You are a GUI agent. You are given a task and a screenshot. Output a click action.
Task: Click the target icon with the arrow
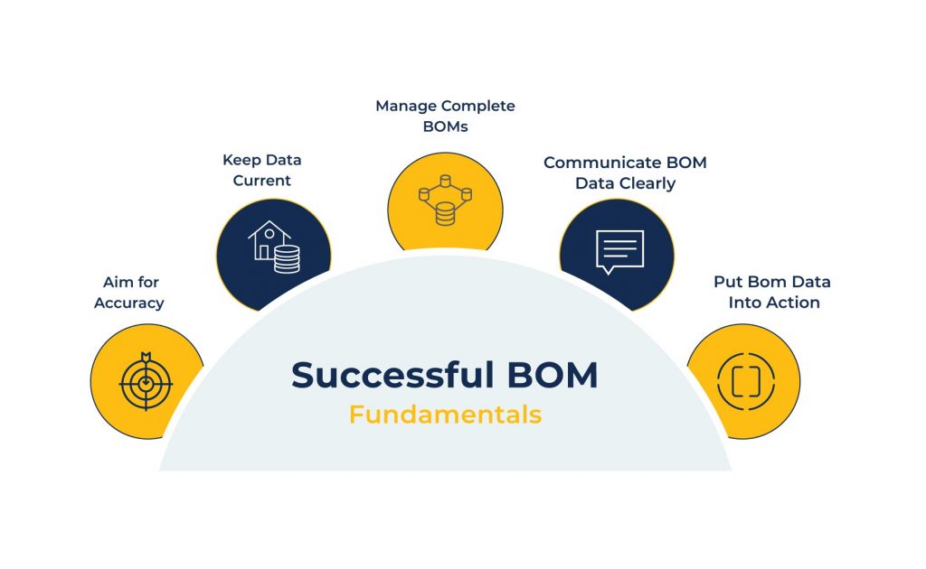pos(146,381)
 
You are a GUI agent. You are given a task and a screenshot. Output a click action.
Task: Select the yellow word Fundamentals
pos(445,415)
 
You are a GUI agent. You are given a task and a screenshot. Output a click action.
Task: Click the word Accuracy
pos(128,303)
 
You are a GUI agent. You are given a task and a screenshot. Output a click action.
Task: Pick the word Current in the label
pos(262,180)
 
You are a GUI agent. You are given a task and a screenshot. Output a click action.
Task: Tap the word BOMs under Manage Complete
pos(445,127)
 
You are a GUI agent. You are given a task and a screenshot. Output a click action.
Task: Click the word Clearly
pos(644,183)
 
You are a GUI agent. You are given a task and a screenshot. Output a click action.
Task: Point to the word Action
pos(792,303)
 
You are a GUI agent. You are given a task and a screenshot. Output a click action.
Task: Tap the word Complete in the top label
pos(478,107)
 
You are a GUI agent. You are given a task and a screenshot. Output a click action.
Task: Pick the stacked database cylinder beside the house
pos(287,258)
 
